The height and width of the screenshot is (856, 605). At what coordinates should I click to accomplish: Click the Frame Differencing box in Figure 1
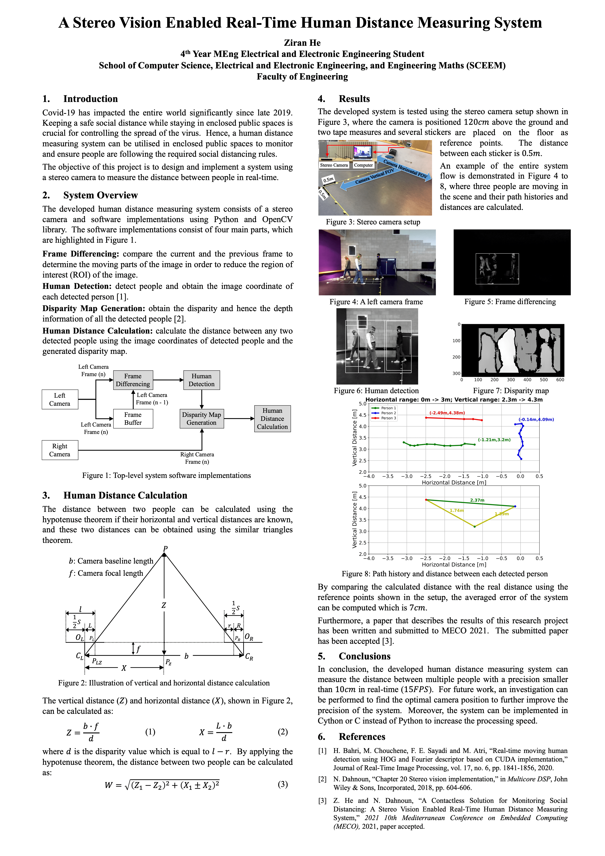pos(133,380)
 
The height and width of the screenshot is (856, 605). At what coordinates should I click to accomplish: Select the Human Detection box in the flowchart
pos(201,380)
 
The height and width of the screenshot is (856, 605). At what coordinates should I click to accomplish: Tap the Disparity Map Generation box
pos(201,418)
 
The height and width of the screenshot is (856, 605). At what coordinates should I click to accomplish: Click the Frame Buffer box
pos(133,418)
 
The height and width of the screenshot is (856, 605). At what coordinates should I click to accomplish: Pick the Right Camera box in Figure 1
pos(60,450)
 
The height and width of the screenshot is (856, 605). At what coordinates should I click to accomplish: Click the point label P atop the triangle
pos(165,548)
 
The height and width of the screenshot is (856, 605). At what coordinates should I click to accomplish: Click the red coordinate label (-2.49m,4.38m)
pos(447,413)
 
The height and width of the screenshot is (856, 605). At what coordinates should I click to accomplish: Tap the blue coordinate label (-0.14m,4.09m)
pos(536,419)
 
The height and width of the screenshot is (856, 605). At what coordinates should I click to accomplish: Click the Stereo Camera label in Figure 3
pos(333,165)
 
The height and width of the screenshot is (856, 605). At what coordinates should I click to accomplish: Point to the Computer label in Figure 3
pos(363,165)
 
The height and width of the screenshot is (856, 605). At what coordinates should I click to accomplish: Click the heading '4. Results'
pos(343,99)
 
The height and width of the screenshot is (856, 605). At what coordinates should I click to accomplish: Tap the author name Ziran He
pos(302,43)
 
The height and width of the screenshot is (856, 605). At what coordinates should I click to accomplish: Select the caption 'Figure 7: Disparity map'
pos(511,391)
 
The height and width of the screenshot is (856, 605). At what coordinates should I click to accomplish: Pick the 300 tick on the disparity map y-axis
pos(456,373)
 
